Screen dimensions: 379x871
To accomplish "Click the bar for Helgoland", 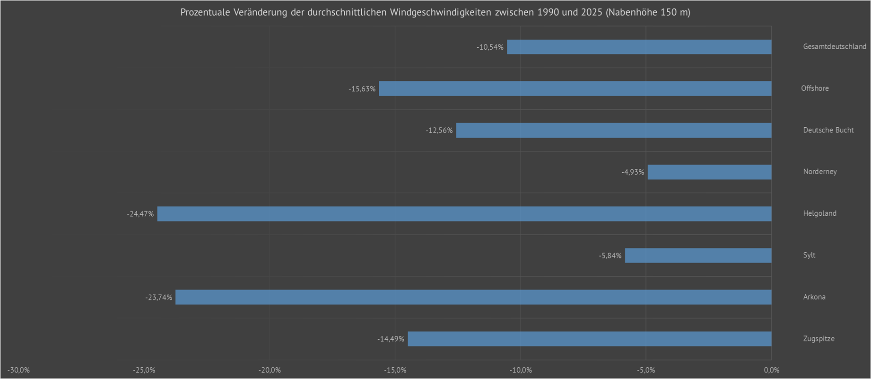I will pyautogui.click(x=464, y=214).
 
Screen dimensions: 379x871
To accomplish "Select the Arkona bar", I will pyautogui.click(x=473, y=297).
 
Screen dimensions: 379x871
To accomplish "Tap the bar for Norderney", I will pyautogui.click(x=709, y=172).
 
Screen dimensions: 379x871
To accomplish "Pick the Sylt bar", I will pyautogui.click(x=698, y=256).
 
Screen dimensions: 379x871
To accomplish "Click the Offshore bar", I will pyautogui.click(x=575, y=88).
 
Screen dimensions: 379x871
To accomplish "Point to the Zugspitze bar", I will pyautogui.click(x=590, y=339).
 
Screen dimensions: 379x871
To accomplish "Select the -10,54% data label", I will pyautogui.click(x=490, y=47).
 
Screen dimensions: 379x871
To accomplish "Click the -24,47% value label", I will pyautogui.click(x=140, y=214).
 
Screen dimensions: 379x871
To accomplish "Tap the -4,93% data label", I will pyautogui.click(x=633, y=172).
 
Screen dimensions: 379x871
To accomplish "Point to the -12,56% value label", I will pyautogui.click(x=439, y=131).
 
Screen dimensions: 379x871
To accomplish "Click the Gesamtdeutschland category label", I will pyautogui.click(x=835, y=46).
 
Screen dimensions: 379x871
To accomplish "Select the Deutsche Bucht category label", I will pyautogui.click(x=828, y=130).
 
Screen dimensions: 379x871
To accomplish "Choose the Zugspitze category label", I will pyautogui.click(x=819, y=339).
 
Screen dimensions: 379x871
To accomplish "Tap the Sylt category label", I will pyautogui.click(x=809, y=255).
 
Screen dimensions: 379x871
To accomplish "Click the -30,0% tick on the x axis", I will pyautogui.click(x=19, y=370).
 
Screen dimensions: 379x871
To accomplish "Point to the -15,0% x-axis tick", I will pyautogui.click(x=395, y=370).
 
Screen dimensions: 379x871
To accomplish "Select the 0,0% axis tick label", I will pyautogui.click(x=771, y=370).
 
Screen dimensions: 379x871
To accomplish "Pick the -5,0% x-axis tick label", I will pyautogui.click(x=646, y=370).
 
